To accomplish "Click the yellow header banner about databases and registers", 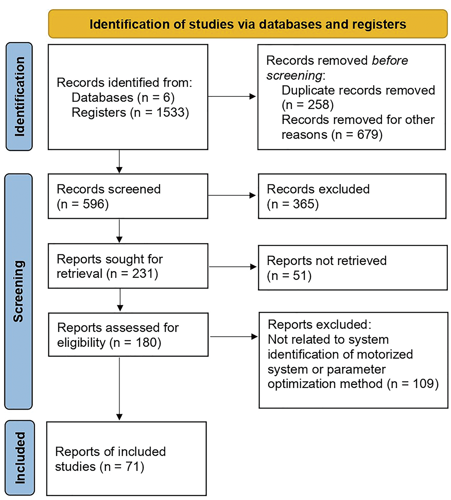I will point(247,24).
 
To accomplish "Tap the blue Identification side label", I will point(19,97).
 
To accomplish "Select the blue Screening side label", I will point(19,291).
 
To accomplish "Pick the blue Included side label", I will point(20,458).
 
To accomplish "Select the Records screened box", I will point(128,196).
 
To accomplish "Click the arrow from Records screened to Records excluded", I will point(232,196).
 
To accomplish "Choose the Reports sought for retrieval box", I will point(128,266).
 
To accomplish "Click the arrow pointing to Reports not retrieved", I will point(233,267).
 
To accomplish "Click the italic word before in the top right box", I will point(390,61).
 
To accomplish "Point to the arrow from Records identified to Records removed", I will point(232,97).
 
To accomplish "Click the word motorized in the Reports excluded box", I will point(388,354).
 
